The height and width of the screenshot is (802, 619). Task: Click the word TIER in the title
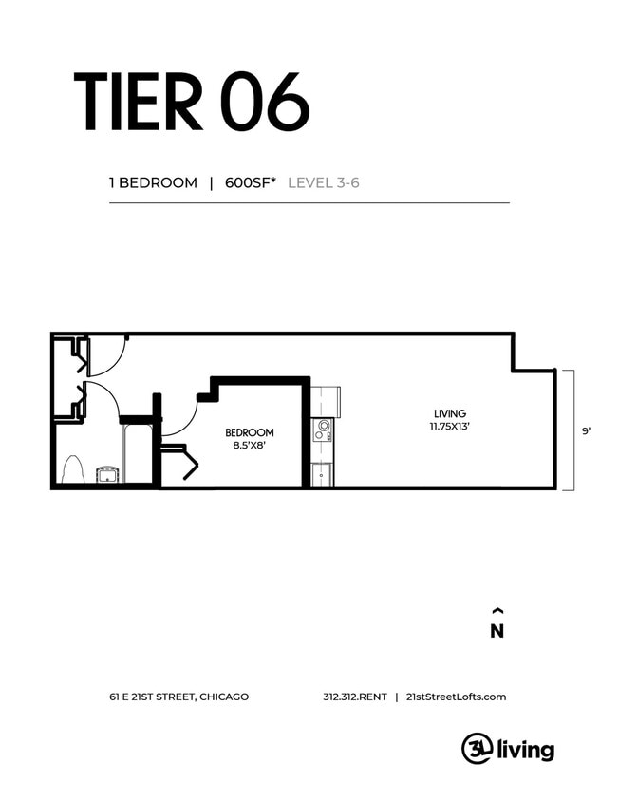[x=140, y=102]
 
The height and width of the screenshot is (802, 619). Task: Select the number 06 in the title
[x=266, y=102]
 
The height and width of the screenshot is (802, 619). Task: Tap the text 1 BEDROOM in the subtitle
[x=153, y=183]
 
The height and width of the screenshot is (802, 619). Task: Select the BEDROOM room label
[x=250, y=432]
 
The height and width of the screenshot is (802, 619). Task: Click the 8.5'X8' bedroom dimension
[x=250, y=445]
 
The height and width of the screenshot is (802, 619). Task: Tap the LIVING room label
[x=449, y=413]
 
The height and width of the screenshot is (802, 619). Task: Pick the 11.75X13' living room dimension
[x=449, y=427]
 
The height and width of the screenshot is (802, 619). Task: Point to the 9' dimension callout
[x=586, y=430]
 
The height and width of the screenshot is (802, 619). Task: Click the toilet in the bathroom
[x=72, y=469]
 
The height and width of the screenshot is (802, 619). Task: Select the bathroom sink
[x=107, y=472]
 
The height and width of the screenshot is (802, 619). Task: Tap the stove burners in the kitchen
[x=323, y=430]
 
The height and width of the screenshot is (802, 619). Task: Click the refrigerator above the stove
[x=324, y=399]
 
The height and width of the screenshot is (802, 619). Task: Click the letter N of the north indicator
[x=497, y=632]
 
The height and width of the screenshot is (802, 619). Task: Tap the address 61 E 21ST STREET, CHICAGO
[x=178, y=697]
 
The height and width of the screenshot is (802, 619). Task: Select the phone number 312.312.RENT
[x=355, y=697]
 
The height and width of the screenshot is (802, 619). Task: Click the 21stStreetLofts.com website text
[x=456, y=697]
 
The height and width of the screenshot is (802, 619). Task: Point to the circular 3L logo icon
[x=475, y=749]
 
